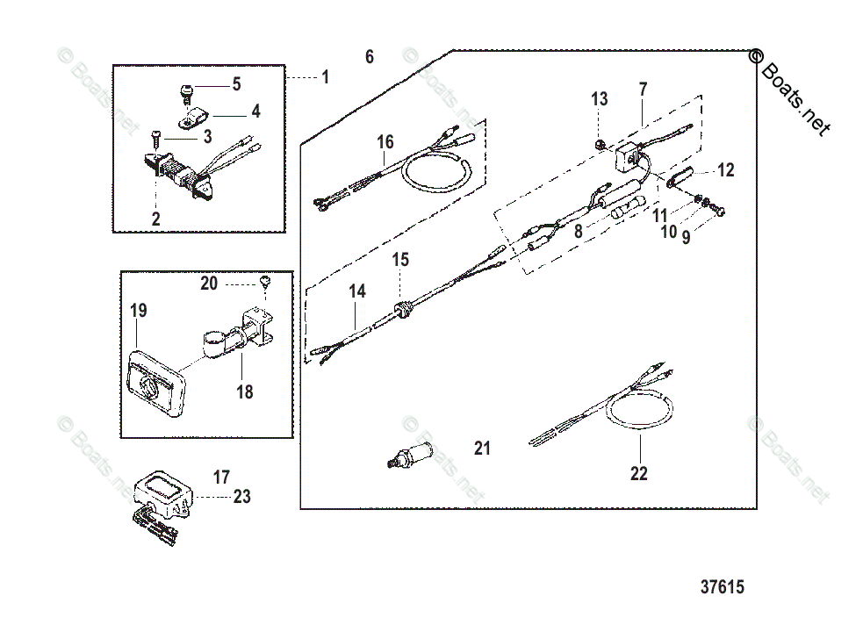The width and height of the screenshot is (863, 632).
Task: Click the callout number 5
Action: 236,84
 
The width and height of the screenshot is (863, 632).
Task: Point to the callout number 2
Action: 155,219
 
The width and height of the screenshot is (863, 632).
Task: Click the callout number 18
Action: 245,391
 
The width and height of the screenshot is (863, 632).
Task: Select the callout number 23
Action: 241,497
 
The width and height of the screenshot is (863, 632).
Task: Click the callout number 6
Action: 370,57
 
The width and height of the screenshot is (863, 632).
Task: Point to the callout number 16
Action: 385,142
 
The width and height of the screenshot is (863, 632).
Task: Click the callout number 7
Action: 643,89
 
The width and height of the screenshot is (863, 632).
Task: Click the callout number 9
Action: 687,236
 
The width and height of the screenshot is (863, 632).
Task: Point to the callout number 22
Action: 638,473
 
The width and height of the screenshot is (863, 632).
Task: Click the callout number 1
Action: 325,77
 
